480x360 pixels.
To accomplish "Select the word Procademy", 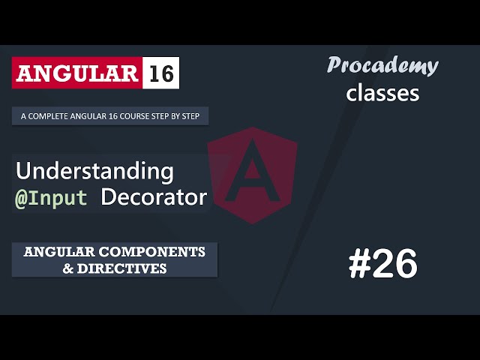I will point(382,65).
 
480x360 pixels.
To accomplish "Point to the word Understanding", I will point(94,172).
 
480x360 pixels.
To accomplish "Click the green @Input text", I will point(52,198).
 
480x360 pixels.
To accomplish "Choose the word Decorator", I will point(154,197).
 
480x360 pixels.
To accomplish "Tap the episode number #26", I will point(382,264).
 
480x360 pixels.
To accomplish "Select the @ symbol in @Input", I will point(22,198).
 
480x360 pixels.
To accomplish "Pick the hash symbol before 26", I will point(361,264).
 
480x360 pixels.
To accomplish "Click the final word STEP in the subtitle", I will point(199,117).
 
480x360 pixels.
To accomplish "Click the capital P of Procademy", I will point(334,66).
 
